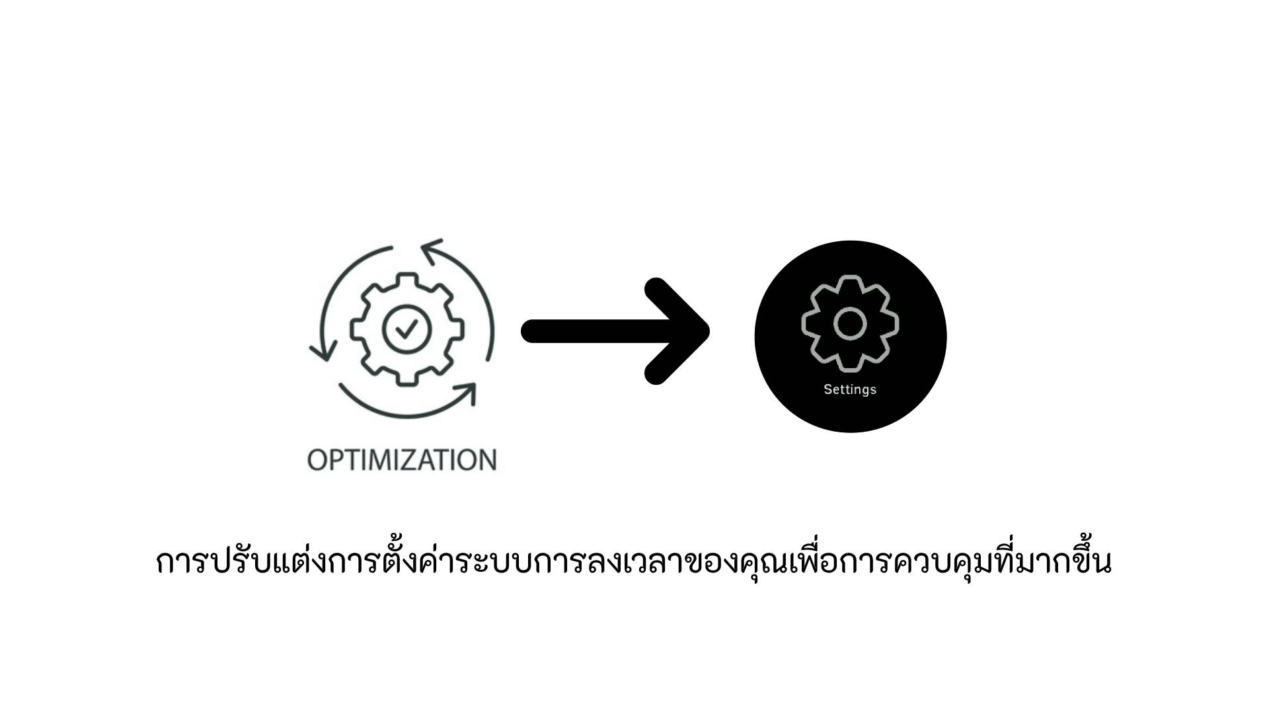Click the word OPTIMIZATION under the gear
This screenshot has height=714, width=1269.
402,460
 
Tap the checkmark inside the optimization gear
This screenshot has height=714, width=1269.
406,328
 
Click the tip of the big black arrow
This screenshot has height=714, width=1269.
709,331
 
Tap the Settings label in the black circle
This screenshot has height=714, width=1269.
850,389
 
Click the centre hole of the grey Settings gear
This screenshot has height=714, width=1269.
850,323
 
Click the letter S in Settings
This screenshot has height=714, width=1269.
827,389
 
